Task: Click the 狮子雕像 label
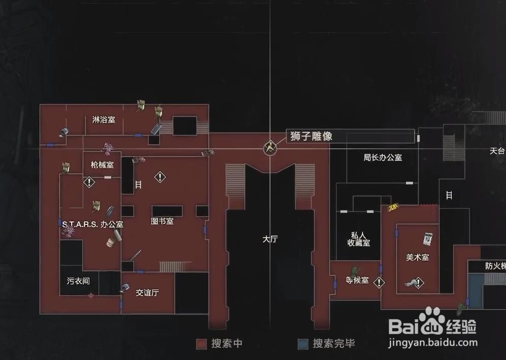pos(311,136)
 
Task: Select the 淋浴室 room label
pos(104,120)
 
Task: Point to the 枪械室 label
pos(102,165)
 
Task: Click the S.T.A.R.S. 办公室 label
pos(93,224)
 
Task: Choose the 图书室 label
pos(162,221)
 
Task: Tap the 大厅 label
pos(270,239)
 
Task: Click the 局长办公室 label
pos(383,157)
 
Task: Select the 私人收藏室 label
pos(359,239)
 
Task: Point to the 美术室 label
pos(418,257)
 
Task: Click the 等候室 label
pos(357,280)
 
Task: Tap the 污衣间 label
pos(78,281)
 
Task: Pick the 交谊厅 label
pos(147,292)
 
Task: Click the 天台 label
pos(497,151)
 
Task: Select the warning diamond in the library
pos(160,177)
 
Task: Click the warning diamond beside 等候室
pos(379,282)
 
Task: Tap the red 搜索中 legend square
pos(201,344)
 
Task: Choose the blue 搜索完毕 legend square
pos(302,344)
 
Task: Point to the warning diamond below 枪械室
pos(89,182)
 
